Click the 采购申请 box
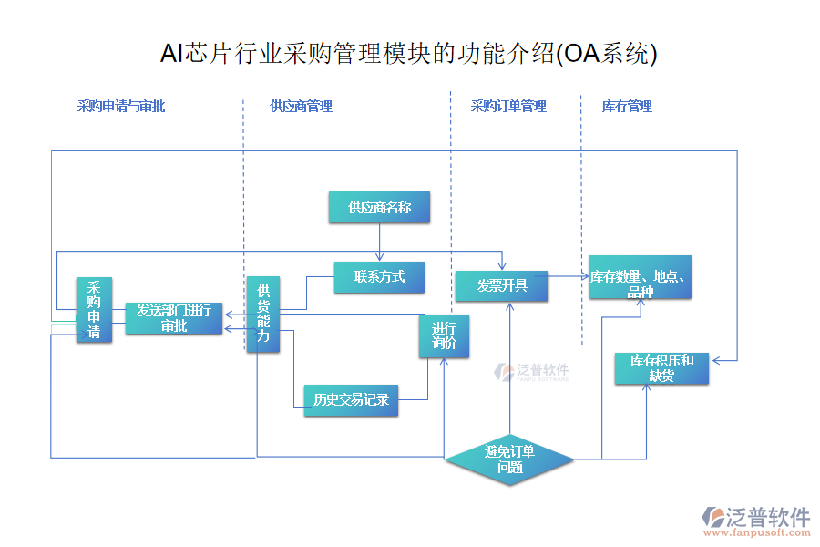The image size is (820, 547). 94,310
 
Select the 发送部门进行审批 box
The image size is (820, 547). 174,317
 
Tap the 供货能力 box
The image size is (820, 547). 262,314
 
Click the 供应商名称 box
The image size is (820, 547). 379,207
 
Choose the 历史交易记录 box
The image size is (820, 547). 351,399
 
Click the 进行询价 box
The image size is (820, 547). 444,336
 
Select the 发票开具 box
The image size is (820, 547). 502,285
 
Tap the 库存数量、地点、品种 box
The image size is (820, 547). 640,277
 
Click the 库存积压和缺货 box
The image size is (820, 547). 661,367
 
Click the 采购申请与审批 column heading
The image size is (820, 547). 121,106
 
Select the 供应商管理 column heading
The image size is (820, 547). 301,106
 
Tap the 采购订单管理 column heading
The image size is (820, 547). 508,106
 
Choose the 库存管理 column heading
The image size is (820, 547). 627,106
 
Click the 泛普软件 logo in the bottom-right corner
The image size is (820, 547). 756,520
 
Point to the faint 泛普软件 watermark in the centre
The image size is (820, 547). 532,371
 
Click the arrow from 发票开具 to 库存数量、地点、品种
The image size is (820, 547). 569,275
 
